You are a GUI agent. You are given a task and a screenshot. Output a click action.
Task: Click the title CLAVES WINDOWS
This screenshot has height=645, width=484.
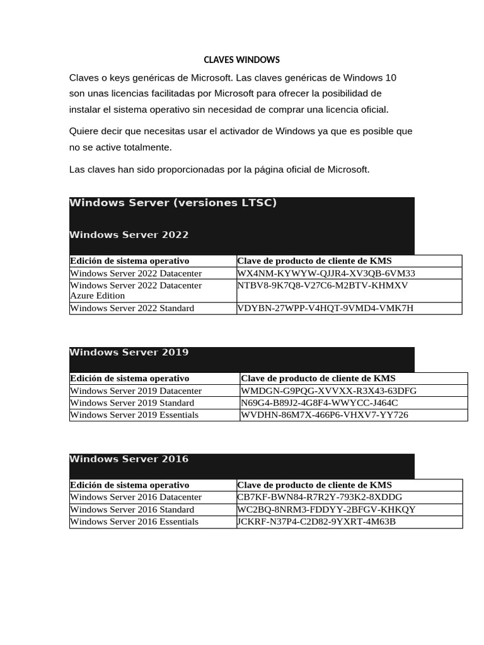[241, 60]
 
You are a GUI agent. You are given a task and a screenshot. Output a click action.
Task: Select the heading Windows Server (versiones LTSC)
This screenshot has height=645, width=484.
[173, 203]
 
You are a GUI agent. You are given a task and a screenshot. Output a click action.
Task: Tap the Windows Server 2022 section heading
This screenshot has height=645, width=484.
[129, 235]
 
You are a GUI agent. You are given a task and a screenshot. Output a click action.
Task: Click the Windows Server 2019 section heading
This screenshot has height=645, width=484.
[129, 353]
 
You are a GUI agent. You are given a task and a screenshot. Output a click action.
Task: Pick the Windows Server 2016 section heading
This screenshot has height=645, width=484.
[129, 459]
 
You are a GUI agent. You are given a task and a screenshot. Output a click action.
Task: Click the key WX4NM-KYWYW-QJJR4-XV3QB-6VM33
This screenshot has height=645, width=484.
[326, 273]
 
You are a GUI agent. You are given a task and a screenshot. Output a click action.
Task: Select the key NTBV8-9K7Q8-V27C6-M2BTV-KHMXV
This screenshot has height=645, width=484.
[323, 285]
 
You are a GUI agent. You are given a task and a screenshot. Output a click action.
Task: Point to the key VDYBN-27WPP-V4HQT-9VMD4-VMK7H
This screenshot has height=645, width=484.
[325, 308]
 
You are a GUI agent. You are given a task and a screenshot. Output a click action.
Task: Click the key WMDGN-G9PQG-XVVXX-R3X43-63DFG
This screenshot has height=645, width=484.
[328, 391]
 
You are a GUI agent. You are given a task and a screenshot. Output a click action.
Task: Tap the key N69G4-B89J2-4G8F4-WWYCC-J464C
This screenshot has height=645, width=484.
[319, 402]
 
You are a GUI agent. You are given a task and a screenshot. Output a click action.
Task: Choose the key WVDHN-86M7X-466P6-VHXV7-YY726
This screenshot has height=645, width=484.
[325, 414]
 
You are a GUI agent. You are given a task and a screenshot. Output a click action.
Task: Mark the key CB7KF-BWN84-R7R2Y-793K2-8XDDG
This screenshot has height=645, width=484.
[320, 497]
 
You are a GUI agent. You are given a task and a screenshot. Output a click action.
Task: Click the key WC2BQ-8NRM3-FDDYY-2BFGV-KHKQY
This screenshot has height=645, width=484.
[326, 509]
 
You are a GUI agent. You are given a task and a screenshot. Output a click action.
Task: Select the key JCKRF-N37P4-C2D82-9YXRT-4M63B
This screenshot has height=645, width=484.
[316, 522]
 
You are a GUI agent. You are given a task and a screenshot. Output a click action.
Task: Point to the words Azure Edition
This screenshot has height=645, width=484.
[97, 295]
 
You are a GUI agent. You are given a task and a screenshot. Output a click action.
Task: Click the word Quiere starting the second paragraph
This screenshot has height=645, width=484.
[84, 132]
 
